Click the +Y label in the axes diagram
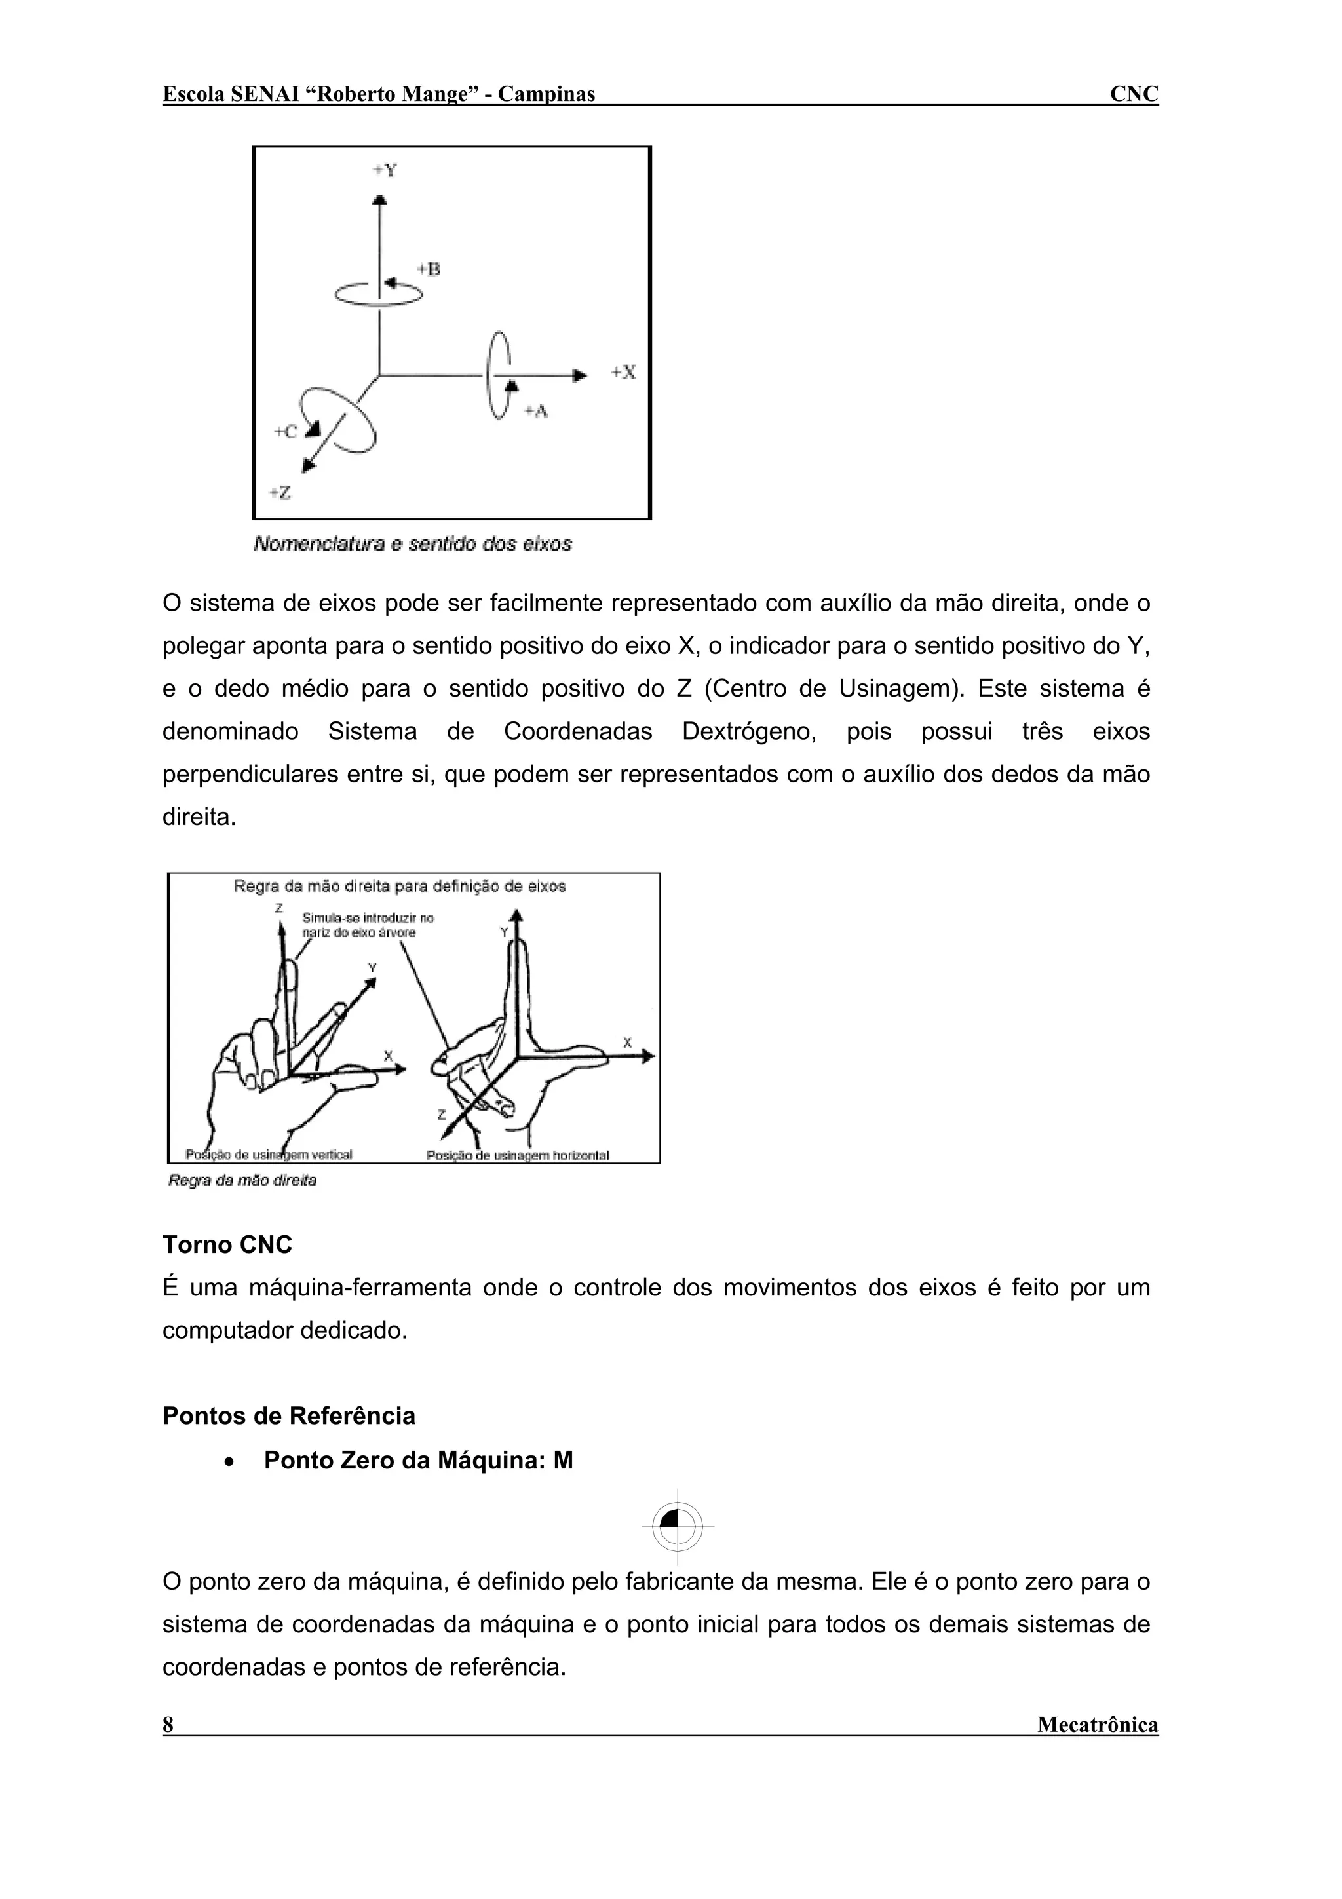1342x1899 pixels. [385, 170]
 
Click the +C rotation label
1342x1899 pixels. [285, 432]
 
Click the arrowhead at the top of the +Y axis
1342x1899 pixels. [379, 199]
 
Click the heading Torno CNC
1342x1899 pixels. [227, 1245]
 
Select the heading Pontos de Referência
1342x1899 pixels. [288, 1416]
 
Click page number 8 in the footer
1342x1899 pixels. [168, 1725]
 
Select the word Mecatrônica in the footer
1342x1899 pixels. [1097, 1725]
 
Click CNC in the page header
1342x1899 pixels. [1134, 94]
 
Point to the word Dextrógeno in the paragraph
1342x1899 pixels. [748, 732]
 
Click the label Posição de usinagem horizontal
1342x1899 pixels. [518, 1155]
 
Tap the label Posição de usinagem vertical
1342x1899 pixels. [269, 1155]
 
